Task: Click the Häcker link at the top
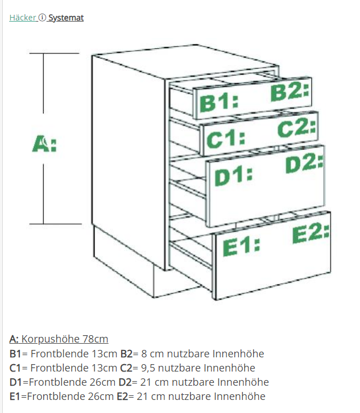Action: [22, 18]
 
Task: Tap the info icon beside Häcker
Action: [42, 18]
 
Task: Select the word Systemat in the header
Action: [66, 18]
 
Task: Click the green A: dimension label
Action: [44, 144]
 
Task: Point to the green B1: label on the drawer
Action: [219, 103]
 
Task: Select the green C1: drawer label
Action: [226, 139]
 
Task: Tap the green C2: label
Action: [297, 128]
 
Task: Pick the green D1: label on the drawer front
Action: [233, 177]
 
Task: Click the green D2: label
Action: [304, 164]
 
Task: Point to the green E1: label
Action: [241, 247]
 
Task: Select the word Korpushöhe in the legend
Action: [50, 339]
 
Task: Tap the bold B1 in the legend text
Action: [15, 353]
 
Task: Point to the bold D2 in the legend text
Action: [125, 382]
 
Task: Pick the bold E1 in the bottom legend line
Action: [15, 396]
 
